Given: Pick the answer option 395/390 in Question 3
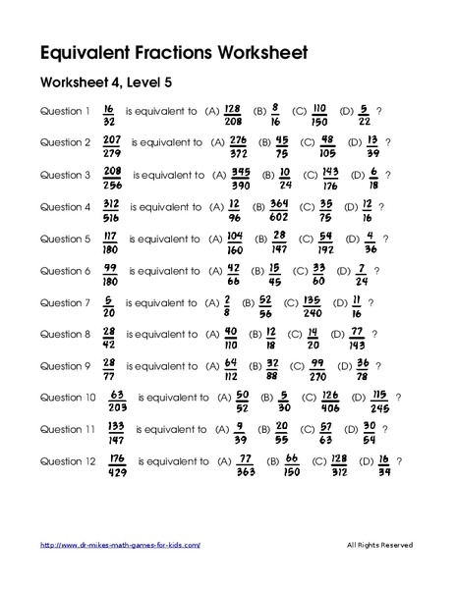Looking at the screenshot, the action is click(240, 176).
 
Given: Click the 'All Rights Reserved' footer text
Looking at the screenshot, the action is click(379, 545).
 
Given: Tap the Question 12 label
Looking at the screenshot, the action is click(68, 461).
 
